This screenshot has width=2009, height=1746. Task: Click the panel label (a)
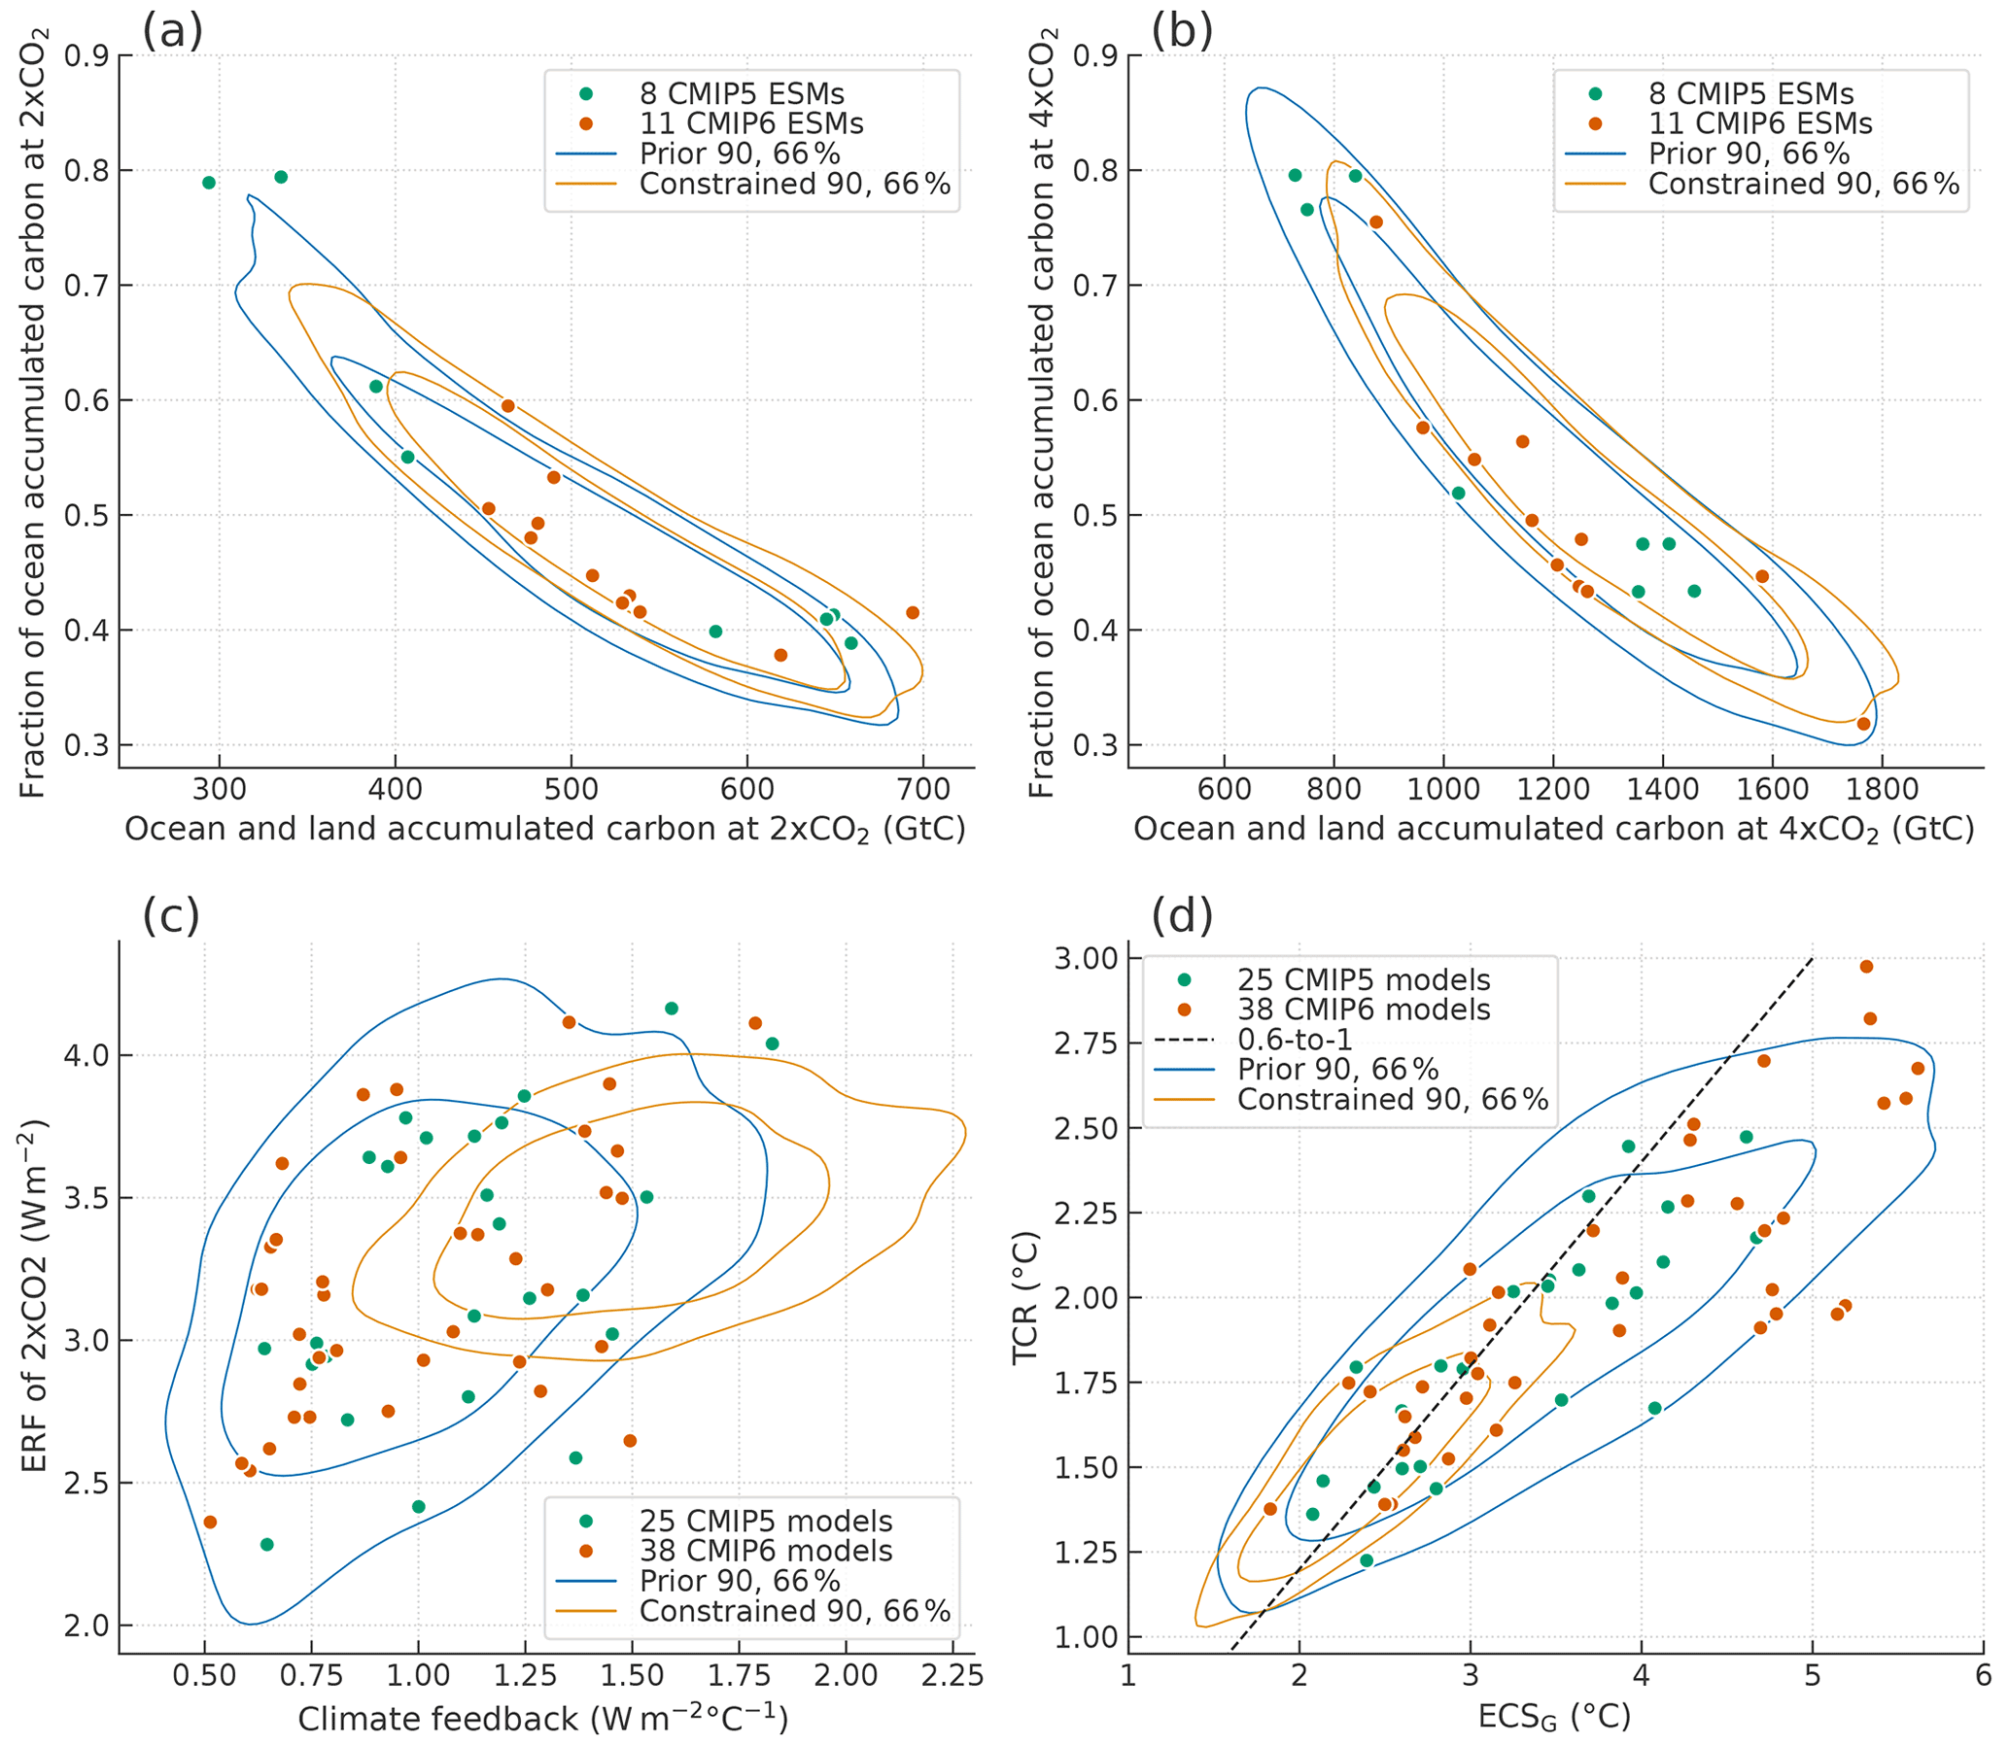[x=173, y=32]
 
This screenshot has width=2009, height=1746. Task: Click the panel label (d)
[x=1182, y=916]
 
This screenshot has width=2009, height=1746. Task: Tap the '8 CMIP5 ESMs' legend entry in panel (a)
[x=741, y=94]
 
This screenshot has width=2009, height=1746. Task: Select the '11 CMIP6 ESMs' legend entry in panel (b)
[x=1759, y=124]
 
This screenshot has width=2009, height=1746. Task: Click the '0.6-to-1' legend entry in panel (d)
[x=1295, y=1040]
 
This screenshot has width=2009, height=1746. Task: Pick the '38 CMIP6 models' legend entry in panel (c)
[x=765, y=1551]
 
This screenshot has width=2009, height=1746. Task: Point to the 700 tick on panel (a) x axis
[x=922, y=788]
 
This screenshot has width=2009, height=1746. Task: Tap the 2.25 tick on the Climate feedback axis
[x=952, y=1675]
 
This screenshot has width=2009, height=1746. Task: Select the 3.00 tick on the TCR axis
[x=1085, y=959]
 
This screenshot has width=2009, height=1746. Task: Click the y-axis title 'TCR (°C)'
[x=1025, y=1298]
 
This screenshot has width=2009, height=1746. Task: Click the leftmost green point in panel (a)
[x=209, y=184]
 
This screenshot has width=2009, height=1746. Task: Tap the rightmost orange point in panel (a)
[x=913, y=613]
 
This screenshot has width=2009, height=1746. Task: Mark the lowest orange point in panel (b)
[x=1864, y=724]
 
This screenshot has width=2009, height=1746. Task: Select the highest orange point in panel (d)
[x=1867, y=967]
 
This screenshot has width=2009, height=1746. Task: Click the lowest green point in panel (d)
[x=1367, y=1560]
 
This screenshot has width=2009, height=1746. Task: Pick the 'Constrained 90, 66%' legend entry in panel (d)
[x=1392, y=1100]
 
